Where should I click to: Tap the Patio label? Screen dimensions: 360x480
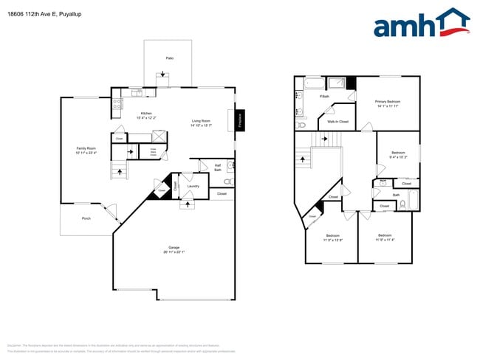(x=169, y=57)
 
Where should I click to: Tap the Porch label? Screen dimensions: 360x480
(x=86, y=218)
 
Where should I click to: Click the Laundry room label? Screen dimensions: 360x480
(x=193, y=186)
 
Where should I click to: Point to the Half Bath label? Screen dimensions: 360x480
(x=218, y=167)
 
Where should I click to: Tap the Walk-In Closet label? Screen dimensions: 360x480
(x=338, y=122)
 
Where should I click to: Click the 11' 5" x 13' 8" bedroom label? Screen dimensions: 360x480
(x=333, y=238)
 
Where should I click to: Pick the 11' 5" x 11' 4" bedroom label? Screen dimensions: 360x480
(x=385, y=238)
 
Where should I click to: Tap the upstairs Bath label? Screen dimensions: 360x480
(x=396, y=195)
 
